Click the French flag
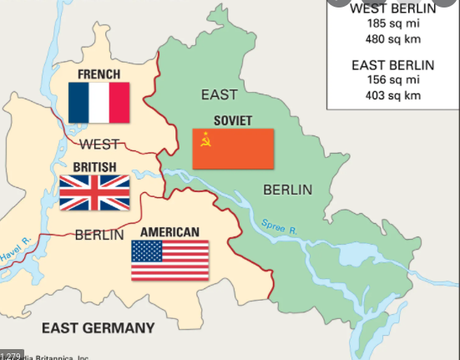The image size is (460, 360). click(99, 103)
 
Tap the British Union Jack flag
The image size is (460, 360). click(94, 192)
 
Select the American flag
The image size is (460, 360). click(169, 260)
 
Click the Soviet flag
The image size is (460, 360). click(233, 149)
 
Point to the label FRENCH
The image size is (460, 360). click(99, 74)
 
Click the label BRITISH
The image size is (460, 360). click(94, 167)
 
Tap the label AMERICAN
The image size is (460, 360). click(169, 231)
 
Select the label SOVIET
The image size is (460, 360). click(233, 119)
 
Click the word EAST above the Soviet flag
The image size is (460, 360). click(219, 94)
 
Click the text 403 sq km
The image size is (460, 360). click(392, 95)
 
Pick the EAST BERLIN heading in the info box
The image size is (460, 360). click(392, 65)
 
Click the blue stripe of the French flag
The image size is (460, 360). click(78, 103)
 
